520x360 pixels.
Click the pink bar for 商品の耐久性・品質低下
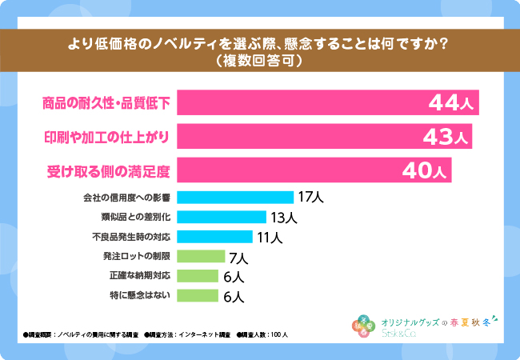pos(304,102)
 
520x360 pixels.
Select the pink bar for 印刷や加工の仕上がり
pos(304,136)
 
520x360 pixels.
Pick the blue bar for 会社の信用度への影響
pos(234,197)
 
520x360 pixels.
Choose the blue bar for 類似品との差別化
pos(221,217)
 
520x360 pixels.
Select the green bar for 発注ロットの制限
pos(200,257)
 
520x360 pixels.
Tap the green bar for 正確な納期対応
pos(197,276)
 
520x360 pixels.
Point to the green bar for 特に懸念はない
pos(197,296)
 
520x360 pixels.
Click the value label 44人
pos(451,103)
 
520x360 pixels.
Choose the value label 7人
pos(238,258)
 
